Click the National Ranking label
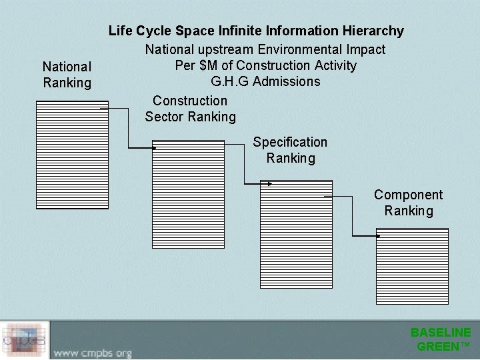67,75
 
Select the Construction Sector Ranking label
190,109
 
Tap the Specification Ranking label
290,150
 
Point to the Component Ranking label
408,203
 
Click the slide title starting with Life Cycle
256,31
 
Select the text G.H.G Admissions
265,82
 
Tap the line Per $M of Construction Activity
265,65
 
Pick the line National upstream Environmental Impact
265,49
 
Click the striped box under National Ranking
72,155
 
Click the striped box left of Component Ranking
295,233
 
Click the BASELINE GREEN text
441,339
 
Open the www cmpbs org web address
93,352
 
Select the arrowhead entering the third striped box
269,183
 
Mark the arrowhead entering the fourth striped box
378,235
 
